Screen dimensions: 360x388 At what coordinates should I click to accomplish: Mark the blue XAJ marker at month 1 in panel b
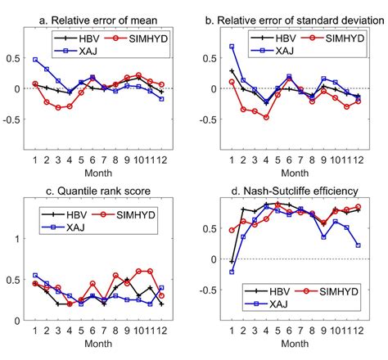pos(232,47)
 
